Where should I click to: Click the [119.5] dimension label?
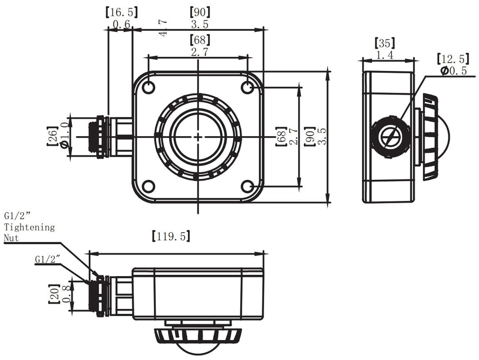[171, 236]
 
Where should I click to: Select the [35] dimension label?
[385, 44]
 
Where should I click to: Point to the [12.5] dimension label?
[452, 59]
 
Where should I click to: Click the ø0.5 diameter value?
[453, 71]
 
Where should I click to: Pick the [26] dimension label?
[52, 137]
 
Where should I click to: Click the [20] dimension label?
[54, 294]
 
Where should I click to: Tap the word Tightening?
[30, 227]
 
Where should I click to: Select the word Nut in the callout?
[12, 238]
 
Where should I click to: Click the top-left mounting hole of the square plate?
[149, 87]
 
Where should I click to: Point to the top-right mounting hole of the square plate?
[247, 87]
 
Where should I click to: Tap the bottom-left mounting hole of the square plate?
[149, 186]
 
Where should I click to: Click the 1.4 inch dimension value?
[385, 55]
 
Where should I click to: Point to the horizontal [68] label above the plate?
[200, 40]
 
